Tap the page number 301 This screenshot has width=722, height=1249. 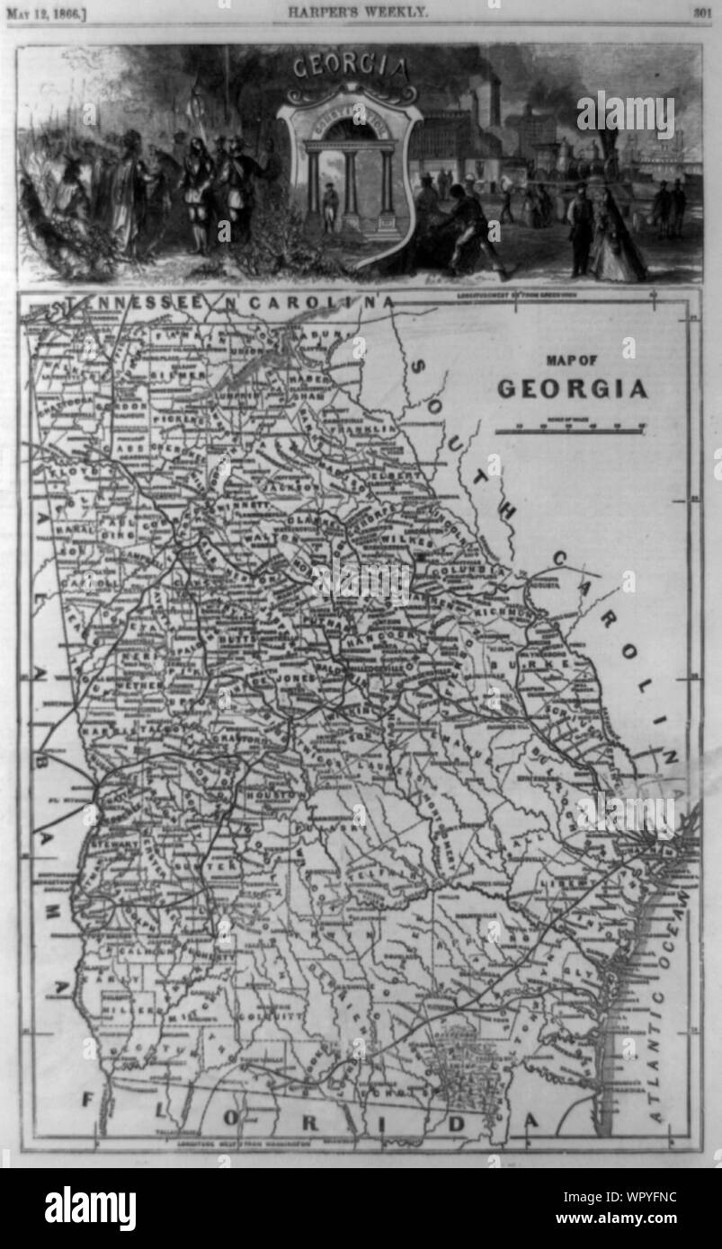(702, 13)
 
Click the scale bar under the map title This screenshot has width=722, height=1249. (570, 430)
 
